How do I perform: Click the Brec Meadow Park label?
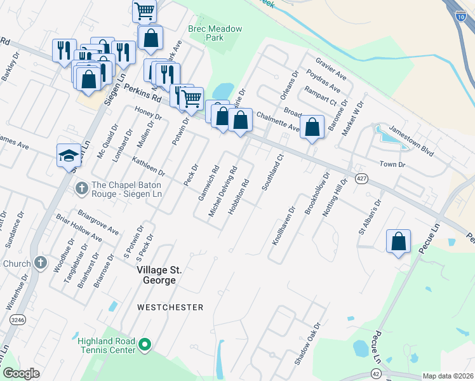[206, 33]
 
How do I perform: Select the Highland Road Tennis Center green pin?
[145, 345]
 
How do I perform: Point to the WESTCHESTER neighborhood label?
[171, 307]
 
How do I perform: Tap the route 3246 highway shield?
[17, 321]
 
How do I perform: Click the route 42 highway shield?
[377, 376]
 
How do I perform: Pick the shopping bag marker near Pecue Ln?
[398, 242]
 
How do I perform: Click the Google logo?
[21, 373]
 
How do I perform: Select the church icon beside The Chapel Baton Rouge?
[81, 189]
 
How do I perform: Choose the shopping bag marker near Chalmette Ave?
[312, 127]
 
